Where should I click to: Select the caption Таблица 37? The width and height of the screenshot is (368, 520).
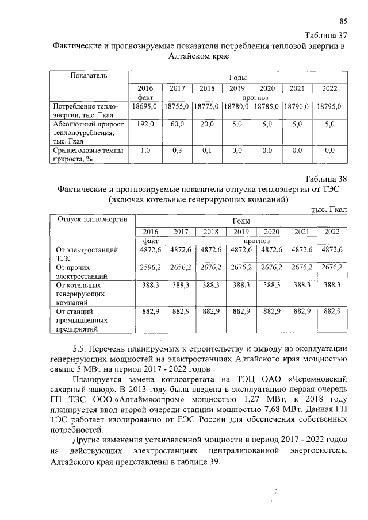(325, 36)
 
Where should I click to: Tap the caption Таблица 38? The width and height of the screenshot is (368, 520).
(325, 179)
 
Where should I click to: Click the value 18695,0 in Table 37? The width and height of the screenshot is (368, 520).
(144, 106)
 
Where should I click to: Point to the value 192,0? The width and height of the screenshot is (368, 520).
(145, 123)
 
